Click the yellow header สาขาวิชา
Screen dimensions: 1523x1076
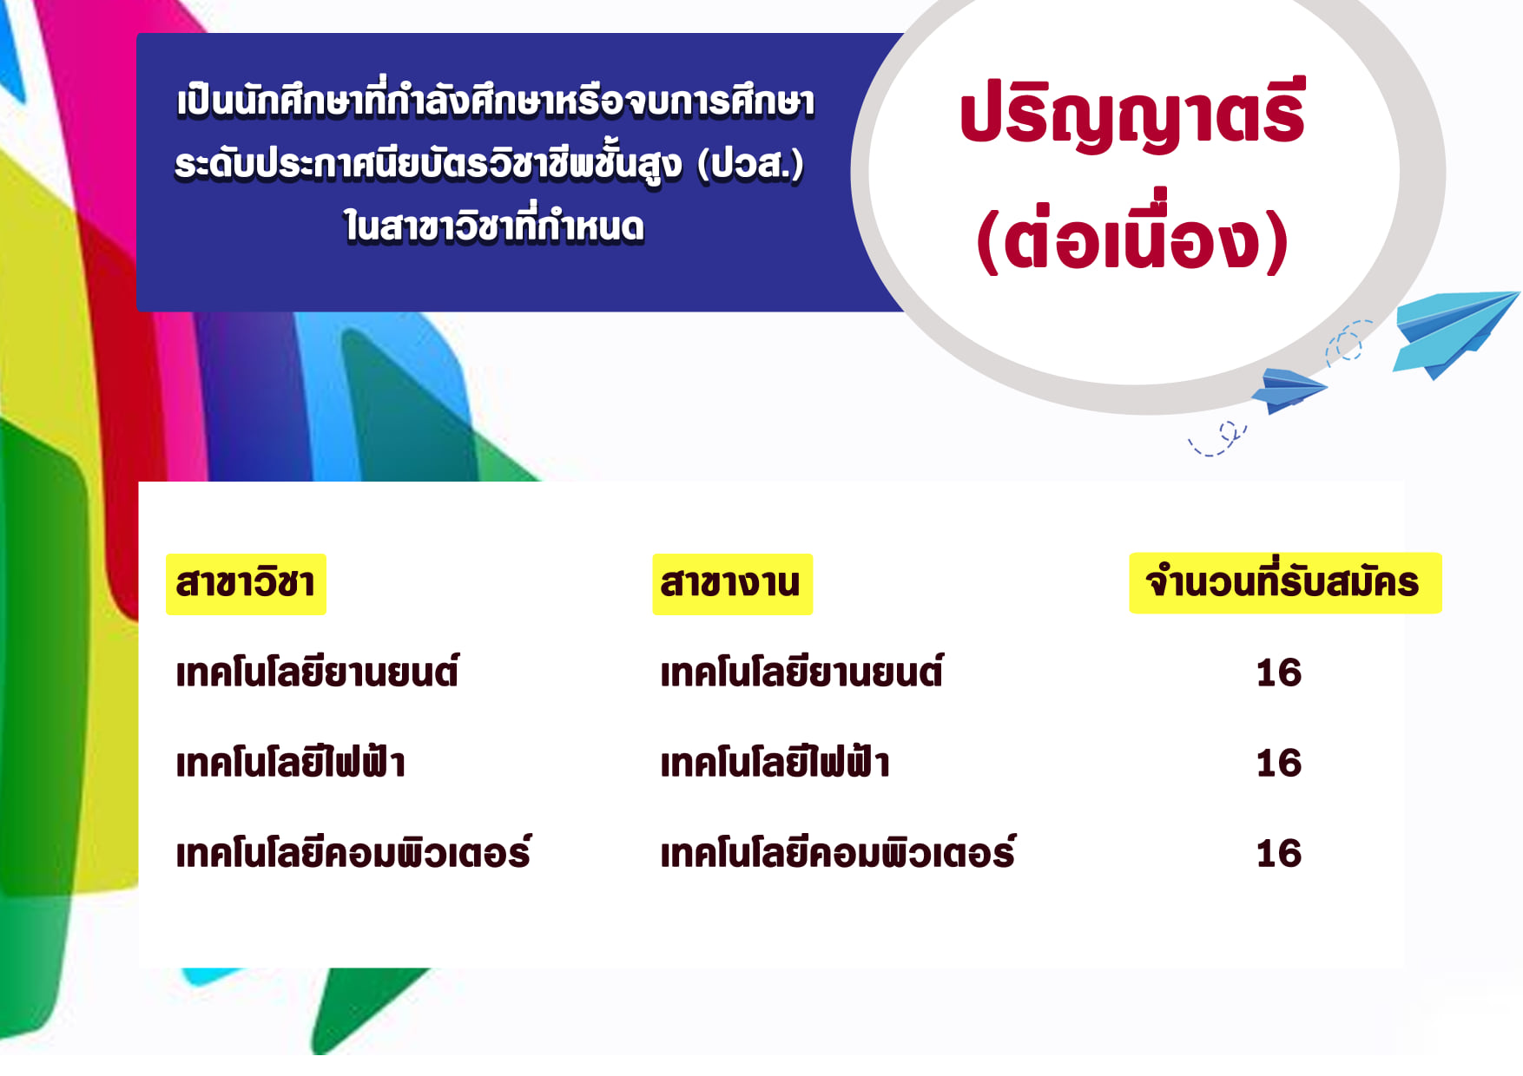246,584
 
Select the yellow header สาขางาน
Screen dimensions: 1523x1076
732,584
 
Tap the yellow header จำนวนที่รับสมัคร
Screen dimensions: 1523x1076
1285,583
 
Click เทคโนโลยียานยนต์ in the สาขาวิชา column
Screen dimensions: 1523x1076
317,672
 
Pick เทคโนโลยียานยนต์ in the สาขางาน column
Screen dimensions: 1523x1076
801,672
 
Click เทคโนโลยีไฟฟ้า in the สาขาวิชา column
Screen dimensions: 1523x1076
290,762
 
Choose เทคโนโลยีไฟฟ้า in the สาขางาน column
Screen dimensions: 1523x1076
775,762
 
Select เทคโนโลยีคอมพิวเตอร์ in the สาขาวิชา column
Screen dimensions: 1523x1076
353,852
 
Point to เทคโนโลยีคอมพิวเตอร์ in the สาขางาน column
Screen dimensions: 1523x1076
838,852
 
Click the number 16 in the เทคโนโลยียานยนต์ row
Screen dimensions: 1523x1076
1279,673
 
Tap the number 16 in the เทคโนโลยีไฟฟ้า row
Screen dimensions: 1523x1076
1279,764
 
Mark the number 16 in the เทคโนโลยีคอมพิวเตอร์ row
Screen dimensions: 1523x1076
1279,854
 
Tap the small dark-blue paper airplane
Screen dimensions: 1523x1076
1289,390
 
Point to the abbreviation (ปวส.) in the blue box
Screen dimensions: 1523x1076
751,165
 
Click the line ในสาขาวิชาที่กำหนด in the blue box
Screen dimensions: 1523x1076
494,226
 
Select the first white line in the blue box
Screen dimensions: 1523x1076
496,101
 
